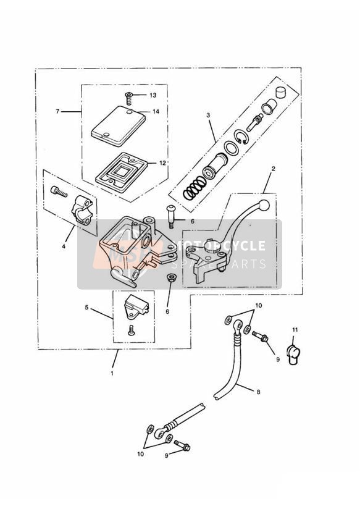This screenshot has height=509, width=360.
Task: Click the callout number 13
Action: click(153, 95)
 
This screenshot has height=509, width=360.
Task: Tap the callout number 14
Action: click(156, 111)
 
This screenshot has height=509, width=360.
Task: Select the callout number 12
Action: click(163, 163)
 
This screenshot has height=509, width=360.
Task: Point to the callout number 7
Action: click(57, 111)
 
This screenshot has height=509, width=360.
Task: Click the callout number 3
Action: click(208, 115)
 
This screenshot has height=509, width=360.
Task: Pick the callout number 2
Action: click(274, 169)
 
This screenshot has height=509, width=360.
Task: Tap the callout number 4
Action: click(64, 246)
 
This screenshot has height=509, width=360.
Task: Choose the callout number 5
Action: click(86, 307)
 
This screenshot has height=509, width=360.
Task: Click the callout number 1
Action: click(112, 373)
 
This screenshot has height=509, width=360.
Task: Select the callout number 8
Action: click(258, 392)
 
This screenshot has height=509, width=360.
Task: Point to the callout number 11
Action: click(295, 330)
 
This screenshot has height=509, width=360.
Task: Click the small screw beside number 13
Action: click(129, 98)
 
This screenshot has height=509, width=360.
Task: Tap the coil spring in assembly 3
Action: click(194, 189)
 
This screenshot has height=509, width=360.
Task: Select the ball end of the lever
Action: click(264, 205)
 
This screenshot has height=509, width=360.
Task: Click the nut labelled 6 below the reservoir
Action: click(170, 277)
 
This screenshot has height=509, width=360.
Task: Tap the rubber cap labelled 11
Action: click(293, 355)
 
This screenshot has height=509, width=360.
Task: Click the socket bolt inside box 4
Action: click(59, 191)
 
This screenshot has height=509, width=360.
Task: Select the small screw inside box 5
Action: click(131, 330)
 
